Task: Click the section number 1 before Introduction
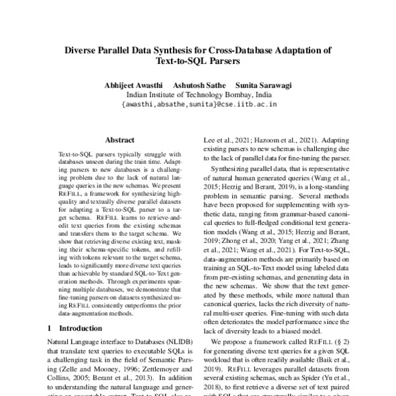[50, 328]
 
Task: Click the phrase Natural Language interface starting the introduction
[87, 343]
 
